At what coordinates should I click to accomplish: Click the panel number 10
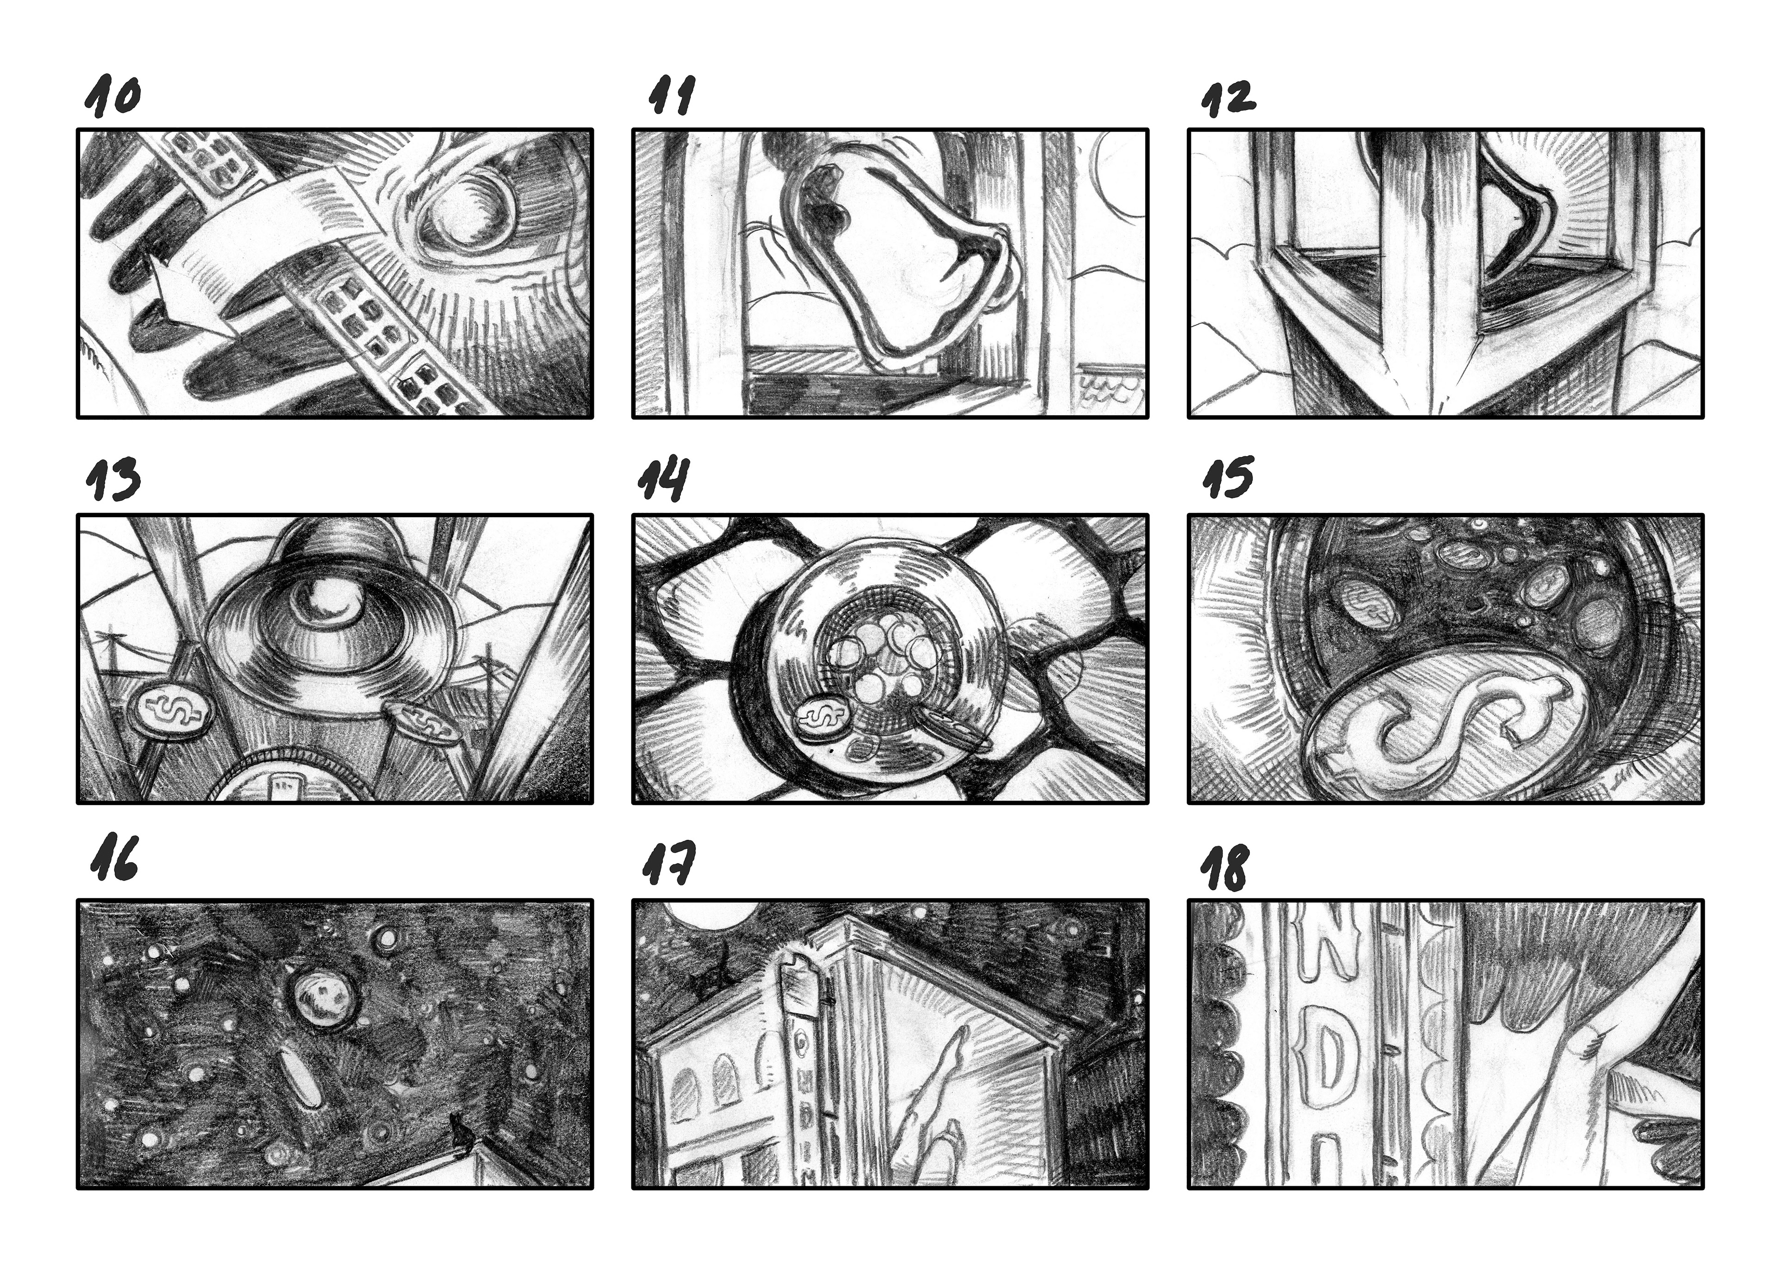(x=113, y=96)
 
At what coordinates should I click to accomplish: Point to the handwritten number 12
(x=1228, y=99)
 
